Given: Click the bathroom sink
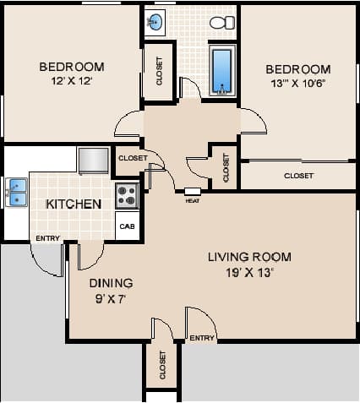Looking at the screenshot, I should pyautogui.click(x=155, y=21).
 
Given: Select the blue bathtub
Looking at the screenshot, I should pyautogui.click(x=221, y=70).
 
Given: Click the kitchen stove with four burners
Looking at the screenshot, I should pyautogui.click(x=127, y=195).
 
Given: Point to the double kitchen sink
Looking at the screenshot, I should pyautogui.click(x=16, y=192).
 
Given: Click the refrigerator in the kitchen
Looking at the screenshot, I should pyautogui.click(x=93, y=160).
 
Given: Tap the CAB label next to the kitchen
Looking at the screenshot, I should pyautogui.click(x=127, y=226).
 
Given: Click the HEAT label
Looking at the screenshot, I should pyautogui.click(x=192, y=201).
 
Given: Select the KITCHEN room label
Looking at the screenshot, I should pyautogui.click(x=74, y=204).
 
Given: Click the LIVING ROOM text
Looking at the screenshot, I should pyautogui.click(x=249, y=257).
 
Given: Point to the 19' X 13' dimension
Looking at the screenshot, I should pyautogui.click(x=249, y=272).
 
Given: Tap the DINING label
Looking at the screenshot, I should pyautogui.click(x=111, y=283).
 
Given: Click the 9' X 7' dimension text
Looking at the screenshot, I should pyautogui.click(x=111, y=298).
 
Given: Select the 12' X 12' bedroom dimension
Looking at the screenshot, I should pyautogui.click(x=72, y=81).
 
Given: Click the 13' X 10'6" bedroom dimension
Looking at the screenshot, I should pyautogui.click(x=297, y=84).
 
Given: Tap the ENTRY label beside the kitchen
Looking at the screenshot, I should pyautogui.click(x=47, y=238).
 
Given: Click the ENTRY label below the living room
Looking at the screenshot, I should pyautogui.click(x=202, y=338).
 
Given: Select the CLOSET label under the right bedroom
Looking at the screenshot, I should pyautogui.click(x=298, y=176).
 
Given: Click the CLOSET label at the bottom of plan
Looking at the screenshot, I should pyautogui.click(x=162, y=365).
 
